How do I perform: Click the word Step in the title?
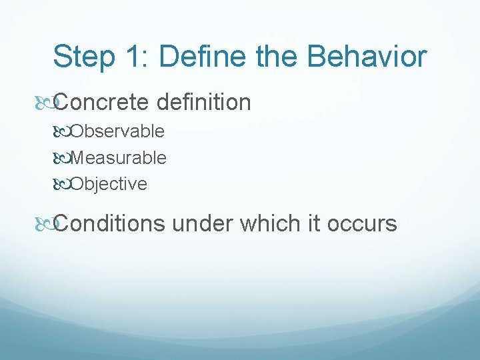click(x=82, y=57)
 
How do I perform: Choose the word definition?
click(x=203, y=103)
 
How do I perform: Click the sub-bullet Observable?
click(x=117, y=131)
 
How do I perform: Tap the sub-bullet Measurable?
click(x=118, y=158)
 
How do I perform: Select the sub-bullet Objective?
click(x=109, y=184)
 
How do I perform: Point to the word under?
click(x=202, y=223)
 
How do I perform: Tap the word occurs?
click(x=363, y=223)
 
